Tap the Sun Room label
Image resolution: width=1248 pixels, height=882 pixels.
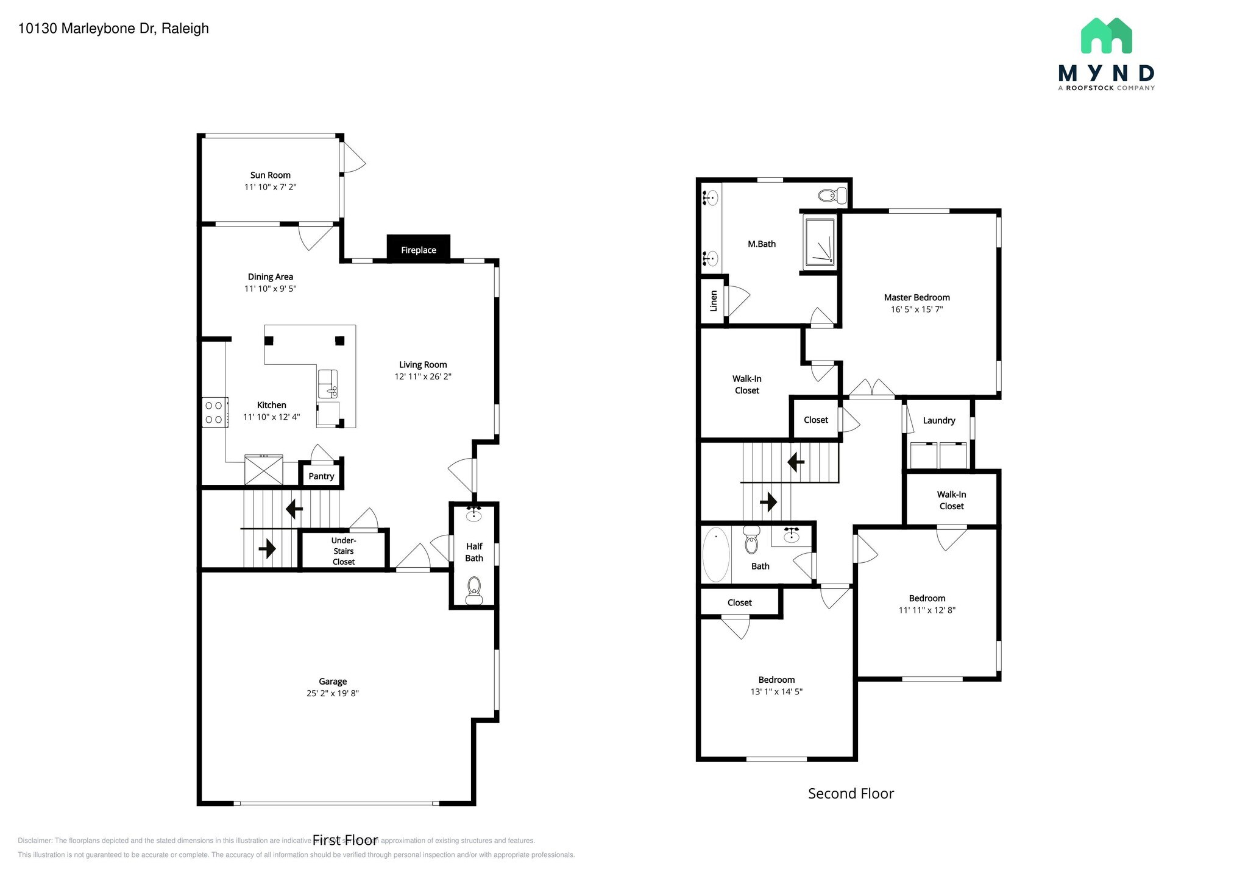[x=270, y=175]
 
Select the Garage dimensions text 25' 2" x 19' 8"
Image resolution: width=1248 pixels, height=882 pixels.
[x=333, y=693]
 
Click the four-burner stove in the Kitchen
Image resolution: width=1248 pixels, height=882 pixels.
[x=214, y=412]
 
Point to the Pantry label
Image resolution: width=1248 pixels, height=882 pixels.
[x=321, y=476]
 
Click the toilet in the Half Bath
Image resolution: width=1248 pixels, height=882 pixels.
[x=473, y=590]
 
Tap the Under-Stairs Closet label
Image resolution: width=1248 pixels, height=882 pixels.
[x=344, y=551]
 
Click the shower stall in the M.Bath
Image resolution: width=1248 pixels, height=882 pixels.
[x=820, y=242]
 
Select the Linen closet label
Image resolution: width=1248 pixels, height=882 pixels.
[x=714, y=300]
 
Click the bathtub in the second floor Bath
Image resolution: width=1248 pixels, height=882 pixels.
[x=716, y=555]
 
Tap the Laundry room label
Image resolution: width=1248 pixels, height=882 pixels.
[x=938, y=420]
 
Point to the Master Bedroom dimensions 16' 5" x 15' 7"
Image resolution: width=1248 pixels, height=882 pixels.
[x=916, y=309]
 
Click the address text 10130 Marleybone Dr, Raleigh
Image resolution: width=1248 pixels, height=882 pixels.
[x=113, y=29]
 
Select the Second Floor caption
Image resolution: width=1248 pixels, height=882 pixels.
[x=851, y=794]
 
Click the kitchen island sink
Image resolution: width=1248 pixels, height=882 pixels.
[x=327, y=384]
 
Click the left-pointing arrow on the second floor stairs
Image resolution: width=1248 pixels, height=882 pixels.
[x=795, y=462]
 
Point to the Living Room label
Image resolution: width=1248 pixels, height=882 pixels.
[x=423, y=365]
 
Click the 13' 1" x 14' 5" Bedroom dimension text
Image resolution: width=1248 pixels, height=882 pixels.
[x=776, y=691]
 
